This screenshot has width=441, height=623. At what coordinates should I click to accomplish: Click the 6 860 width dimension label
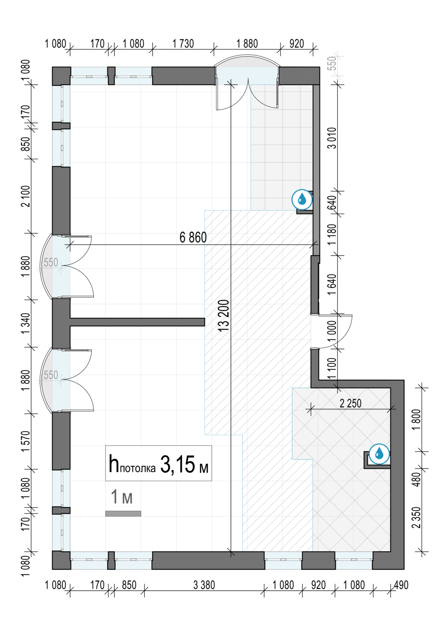193,238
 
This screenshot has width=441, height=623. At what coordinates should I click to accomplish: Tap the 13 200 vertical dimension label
223,315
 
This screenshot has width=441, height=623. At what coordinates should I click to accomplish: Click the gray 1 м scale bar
123,514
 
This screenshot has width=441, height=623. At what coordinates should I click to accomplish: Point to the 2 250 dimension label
350,403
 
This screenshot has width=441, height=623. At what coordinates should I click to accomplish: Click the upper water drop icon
302,199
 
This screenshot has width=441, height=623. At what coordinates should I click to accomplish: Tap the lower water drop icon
379,454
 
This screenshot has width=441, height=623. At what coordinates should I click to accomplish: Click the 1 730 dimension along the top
183,44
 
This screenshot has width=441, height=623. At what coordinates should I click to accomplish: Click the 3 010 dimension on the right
332,138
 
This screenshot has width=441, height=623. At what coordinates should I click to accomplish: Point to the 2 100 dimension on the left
27,196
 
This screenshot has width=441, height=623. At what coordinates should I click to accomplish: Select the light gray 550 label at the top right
332,63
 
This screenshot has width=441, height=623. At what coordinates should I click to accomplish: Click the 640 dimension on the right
332,202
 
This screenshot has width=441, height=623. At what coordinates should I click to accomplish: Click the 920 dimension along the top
296,44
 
